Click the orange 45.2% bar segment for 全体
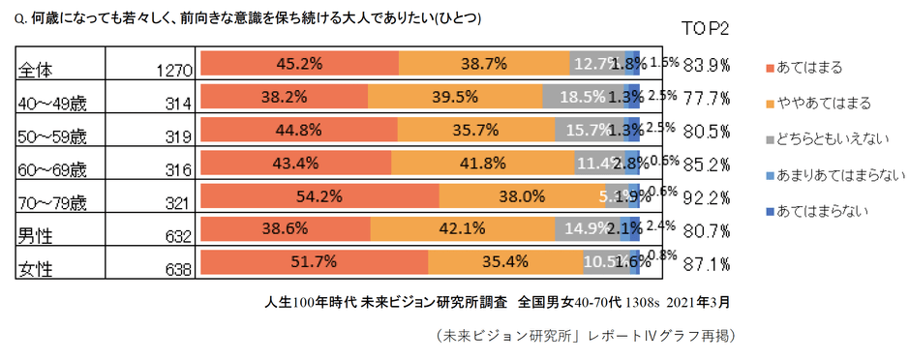pos(298,64)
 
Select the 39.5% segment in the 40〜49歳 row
pos(454,98)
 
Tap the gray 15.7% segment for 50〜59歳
pos(591,130)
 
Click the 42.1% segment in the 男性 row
pos(462,229)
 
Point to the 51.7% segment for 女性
pos(314,261)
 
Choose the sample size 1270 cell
pos(175,70)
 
